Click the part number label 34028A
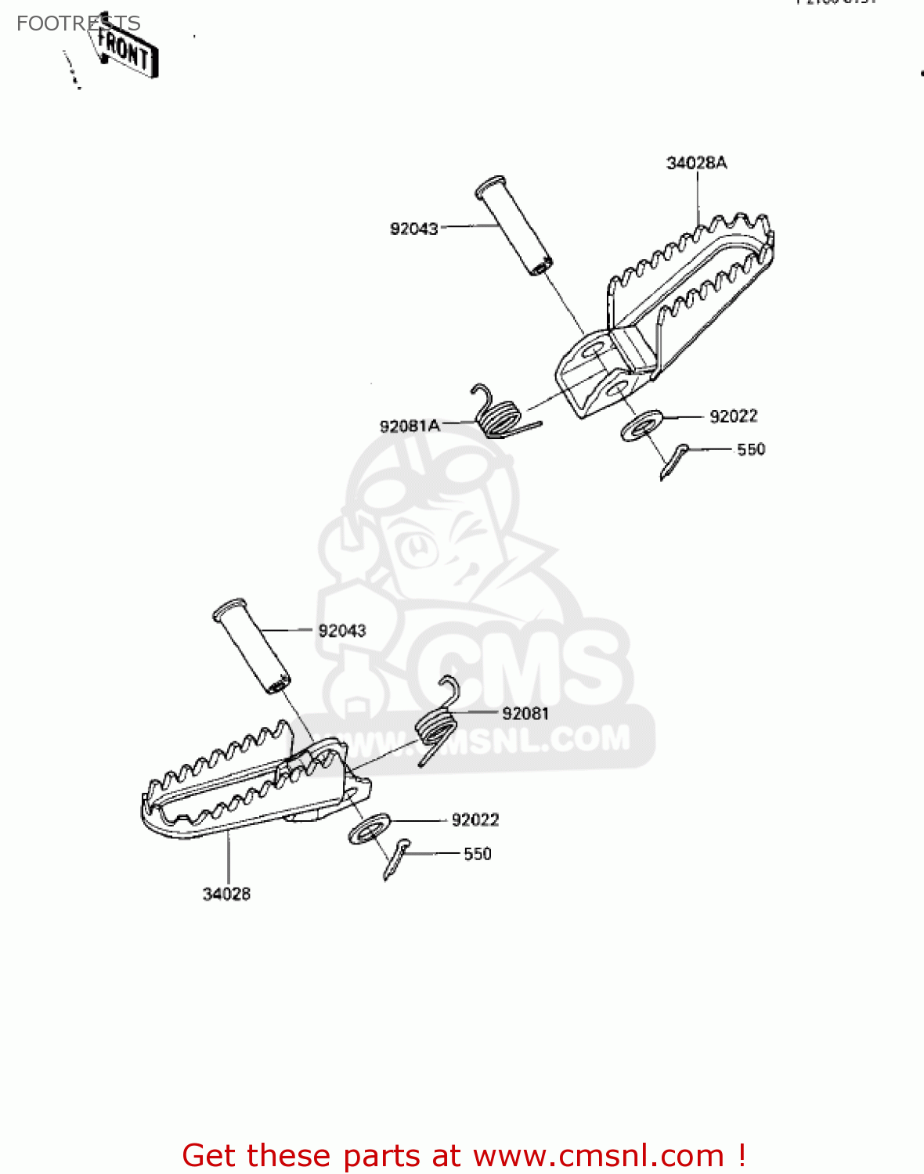(696, 163)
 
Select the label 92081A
(410, 426)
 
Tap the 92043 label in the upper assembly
(414, 229)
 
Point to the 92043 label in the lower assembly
(342, 631)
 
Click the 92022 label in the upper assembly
(734, 416)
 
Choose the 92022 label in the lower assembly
(475, 819)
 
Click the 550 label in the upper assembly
(751, 449)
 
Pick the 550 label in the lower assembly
(478, 854)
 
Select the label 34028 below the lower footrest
(226, 894)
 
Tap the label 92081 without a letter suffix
(525, 713)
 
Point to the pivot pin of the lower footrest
(251, 646)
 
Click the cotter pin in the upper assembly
(673, 461)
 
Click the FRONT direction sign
(125, 51)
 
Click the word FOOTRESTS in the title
(78, 23)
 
